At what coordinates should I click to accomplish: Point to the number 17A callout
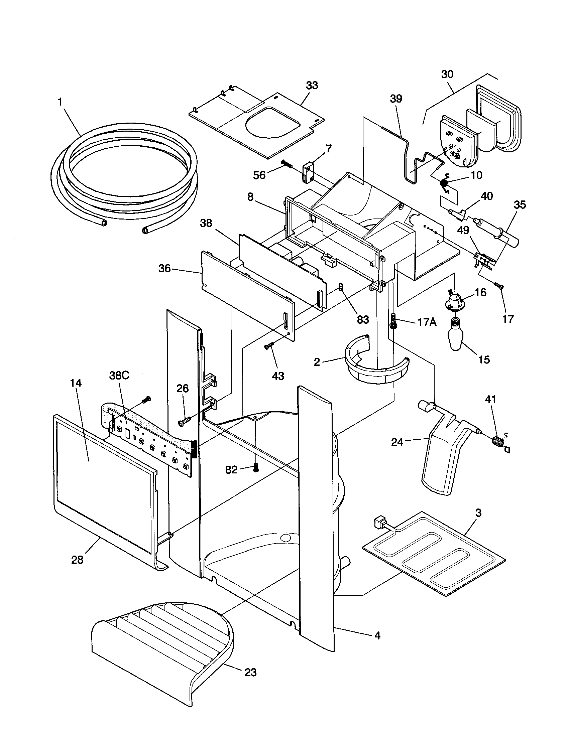coord(427,322)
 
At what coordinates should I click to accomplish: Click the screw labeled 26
coord(184,421)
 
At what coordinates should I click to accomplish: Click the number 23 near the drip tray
coord(250,673)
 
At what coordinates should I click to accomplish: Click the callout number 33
coord(312,86)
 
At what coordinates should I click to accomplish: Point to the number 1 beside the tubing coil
coord(61,102)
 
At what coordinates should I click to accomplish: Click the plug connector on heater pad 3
coord(380,523)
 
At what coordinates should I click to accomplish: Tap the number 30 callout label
coord(447,75)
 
